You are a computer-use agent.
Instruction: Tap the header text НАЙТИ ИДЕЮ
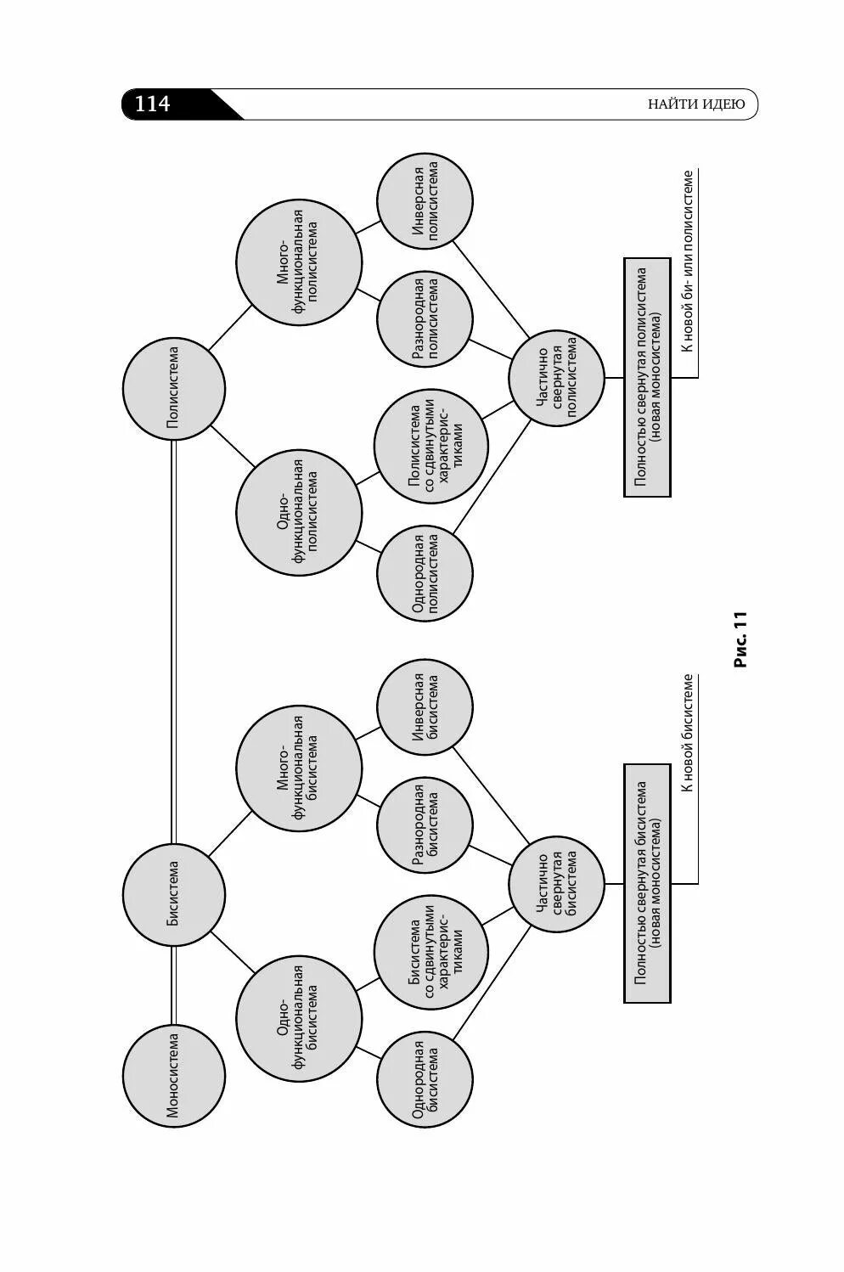(695, 104)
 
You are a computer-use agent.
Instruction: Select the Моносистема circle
(173, 1075)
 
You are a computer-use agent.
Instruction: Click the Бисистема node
(173, 894)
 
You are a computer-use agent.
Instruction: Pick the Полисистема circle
(173, 390)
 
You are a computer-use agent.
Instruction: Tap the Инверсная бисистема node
(425, 707)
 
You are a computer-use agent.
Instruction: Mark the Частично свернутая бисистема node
(557, 884)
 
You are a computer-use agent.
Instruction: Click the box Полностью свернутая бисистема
(647, 883)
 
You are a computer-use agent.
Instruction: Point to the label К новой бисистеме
(688, 732)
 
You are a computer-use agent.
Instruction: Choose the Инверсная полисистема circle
(425, 201)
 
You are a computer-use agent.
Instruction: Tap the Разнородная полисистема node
(425, 319)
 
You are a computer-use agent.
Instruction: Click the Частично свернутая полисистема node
(557, 378)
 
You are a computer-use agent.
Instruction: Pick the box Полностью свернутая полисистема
(647, 377)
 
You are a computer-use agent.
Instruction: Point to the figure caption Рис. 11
(740, 639)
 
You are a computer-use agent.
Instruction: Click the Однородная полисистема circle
(425, 572)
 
